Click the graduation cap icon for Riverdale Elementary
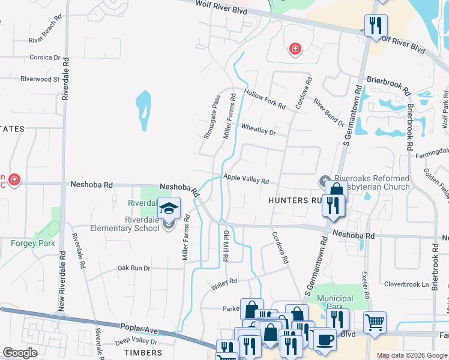click(x=169, y=209)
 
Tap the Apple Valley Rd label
click(x=246, y=179)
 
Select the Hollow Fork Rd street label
click(x=265, y=99)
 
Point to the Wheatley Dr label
click(x=258, y=130)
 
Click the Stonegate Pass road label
click(x=212, y=116)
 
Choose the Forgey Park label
click(x=33, y=243)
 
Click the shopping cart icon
click(x=375, y=322)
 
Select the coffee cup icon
click(x=325, y=338)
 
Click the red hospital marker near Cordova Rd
click(x=294, y=49)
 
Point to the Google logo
click(x=20, y=353)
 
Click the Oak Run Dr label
click(x=133, y=268)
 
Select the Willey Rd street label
click(x=225, y=284)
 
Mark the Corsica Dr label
click(x=45, y=58)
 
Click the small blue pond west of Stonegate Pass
click(x=143, y=110)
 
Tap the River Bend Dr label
click(x=328, y=113)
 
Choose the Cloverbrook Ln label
click(x=407, y=284)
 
